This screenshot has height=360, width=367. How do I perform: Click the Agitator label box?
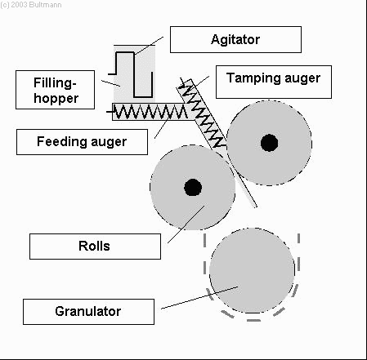[x=235, y=39]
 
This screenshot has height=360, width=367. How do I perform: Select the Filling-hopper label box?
[x=56, y=90]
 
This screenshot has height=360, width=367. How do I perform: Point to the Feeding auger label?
[x=82, y=142]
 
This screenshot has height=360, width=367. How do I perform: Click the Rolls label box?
[x=95, y=247]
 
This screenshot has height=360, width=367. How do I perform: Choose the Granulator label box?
[x=88, y=312]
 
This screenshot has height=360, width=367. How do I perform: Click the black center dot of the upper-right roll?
[x=269, y=143]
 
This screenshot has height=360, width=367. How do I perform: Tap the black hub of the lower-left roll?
[x=193, y=188]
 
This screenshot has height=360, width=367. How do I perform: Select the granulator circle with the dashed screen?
[x=252, y=271]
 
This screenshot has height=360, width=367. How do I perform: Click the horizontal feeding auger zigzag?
[x=150, y=112]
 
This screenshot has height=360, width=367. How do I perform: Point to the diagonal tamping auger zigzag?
[x=203, y=114]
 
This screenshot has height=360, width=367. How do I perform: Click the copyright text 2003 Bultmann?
[x=31, y=5]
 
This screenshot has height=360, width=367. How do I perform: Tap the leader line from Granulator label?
[x=199, y=298]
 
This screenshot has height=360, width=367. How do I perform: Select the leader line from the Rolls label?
[x=186, y=224]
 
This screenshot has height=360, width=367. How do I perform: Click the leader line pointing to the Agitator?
[x=149, y=46]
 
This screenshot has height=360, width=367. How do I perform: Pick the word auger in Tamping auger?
[x=302, y=79]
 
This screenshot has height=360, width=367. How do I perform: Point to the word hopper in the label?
[x=56, y=99]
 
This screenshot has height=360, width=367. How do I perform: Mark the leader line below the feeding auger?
[x=161, y=128]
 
